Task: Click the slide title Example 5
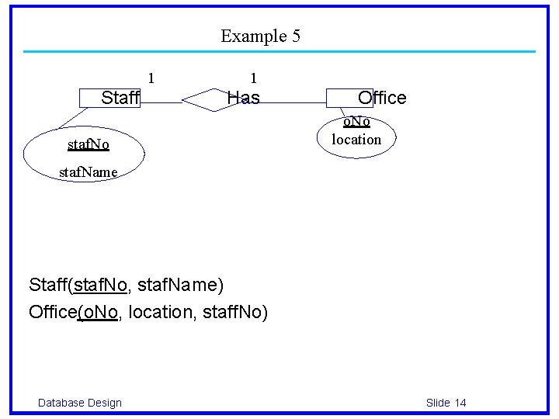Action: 260,36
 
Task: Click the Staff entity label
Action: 120,98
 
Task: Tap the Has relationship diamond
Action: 213,99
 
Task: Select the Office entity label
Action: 381,98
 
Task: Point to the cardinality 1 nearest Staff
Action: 151,78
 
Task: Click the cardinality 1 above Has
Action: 253,78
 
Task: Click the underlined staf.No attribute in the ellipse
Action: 89,144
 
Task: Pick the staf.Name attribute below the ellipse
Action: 89,171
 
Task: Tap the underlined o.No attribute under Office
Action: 357,122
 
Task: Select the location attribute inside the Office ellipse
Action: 356,140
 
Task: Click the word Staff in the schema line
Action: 48,285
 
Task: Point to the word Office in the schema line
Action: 53,312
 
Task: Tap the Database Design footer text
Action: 80,402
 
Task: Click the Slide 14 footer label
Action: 446,402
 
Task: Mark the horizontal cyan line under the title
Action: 279,52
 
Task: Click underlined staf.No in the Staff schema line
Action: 100,285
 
